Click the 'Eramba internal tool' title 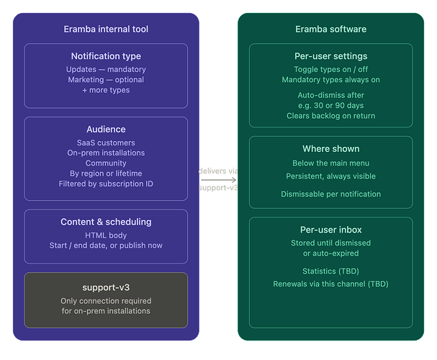click(106, 30)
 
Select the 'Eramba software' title click(330, 30)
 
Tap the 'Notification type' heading click(106, 56)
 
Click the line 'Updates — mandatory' click(106, 69)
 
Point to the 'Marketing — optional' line click(106, 80)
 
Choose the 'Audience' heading click(106, 130)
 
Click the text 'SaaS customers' click(106, 143)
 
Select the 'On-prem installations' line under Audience click(106, 153)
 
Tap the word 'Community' click(106, 163)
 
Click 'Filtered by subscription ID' click(106, 184)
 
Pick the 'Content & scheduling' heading click(106, 222)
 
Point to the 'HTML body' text click(106, 235)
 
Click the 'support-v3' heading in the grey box click(106, 287)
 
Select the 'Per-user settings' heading click(330, 56)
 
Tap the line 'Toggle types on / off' click(330, 69)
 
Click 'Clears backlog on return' click(330, 116)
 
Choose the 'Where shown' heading click(330, 149)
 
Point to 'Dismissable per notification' click(330, 194)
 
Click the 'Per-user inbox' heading click(330, 230)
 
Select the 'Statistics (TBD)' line click(330, 271)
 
